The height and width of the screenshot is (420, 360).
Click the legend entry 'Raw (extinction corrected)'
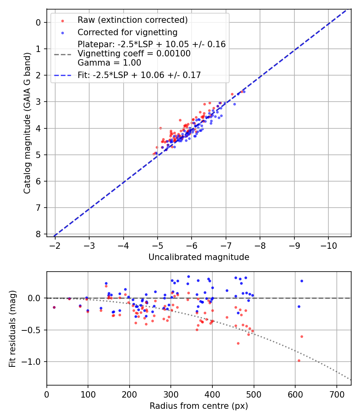tap(132, 20)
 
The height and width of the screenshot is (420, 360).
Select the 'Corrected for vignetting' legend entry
tap(127, 32)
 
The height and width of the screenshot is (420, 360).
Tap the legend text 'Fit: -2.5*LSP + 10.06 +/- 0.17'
tap(139, 75)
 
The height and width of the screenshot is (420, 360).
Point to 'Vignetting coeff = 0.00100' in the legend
tap(134, 53)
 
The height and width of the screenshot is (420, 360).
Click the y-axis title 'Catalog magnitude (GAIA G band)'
tap(27, 125)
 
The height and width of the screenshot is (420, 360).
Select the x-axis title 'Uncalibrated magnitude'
tap(199, 257)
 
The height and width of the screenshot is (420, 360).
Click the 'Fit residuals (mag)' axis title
tap(12, 328)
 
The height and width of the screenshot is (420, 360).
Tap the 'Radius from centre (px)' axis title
tap(199, 406)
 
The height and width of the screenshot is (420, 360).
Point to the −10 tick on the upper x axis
tap(328, 244)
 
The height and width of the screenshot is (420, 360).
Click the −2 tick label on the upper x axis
tap(55, 244)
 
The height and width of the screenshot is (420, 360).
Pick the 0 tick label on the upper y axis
tap(38, 22)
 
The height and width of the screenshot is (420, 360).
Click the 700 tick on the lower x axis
tap(336, 394)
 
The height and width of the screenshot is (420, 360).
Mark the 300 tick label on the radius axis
tap(171, 394)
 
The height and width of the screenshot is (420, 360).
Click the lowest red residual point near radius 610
tap(299, 360)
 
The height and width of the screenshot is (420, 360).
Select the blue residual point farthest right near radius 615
tap(302, 281)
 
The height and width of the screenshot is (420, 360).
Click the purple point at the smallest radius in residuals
tap(54, 307)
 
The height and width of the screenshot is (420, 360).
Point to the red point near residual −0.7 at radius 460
tap(238, 343)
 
